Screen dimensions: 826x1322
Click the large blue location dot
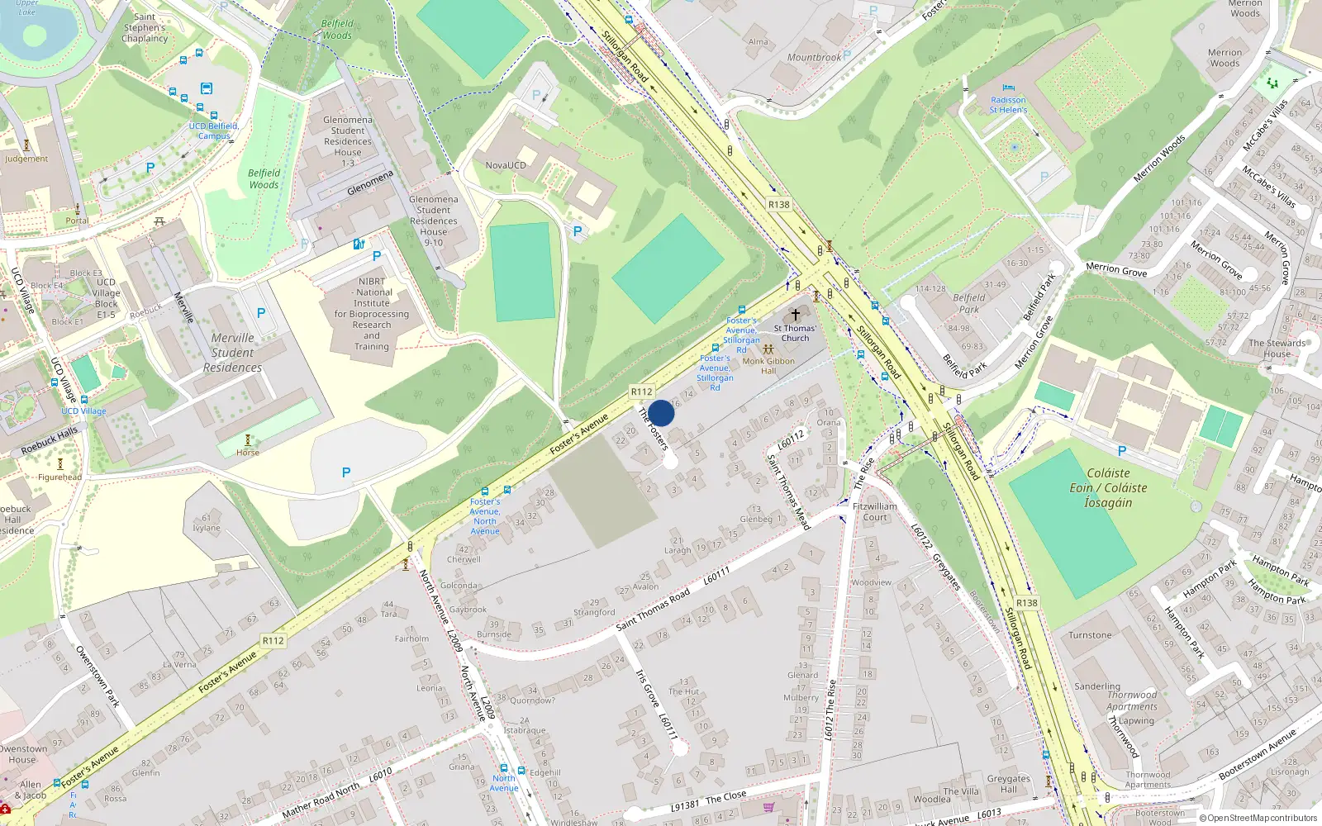[661, 413]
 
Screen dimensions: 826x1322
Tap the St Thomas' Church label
[795, 333]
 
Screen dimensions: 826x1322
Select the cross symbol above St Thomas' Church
[796, 315]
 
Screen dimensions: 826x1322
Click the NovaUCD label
[505, 165]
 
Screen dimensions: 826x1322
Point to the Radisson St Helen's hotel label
[1008, 105]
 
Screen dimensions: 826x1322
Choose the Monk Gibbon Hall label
[768, 366]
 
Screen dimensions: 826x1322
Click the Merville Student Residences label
[232, 353]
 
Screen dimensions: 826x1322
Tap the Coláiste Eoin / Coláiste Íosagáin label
[1108, 487]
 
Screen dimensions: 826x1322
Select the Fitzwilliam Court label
[875, 512]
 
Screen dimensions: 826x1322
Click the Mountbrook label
[814, 58]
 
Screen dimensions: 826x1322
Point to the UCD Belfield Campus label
[213, 131]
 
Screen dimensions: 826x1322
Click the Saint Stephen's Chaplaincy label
[145, 27]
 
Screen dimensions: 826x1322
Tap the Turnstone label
[1090, 635]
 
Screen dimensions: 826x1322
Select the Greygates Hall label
[1008, 784]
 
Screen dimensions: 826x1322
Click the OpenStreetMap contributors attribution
[1259, 819]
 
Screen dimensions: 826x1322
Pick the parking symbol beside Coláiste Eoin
[1121, 451]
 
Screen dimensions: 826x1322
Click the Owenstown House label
[22, 754]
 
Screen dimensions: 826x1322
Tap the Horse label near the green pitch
[248, 453]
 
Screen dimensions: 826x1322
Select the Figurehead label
[59, 477]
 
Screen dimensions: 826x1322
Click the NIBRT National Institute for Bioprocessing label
[372, 314]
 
